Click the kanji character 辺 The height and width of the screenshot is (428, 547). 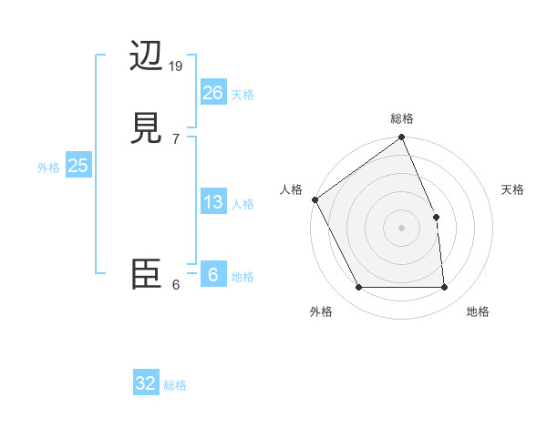[148, 56]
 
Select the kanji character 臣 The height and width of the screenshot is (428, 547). [148, 273]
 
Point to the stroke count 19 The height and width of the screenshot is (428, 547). [177, 66]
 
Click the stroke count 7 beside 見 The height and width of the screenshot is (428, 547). [177, 138]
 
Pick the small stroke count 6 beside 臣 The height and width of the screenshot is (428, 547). [177, 284]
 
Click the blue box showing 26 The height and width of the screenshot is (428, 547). [212, 92]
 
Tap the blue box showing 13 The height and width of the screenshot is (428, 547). [212, 202]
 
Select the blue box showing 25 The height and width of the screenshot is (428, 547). [77, 166]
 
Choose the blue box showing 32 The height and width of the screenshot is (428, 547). [146, 383]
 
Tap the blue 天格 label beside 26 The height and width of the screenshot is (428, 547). [243, 95]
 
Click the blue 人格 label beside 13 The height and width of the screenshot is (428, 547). [243, 204]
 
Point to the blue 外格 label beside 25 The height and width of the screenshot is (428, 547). [48, 168]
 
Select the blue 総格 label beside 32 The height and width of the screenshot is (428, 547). [175, 385]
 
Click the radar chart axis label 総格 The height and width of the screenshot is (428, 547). [402, 118]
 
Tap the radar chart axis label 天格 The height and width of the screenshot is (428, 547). [512, 189]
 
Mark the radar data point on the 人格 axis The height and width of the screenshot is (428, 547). [315, 199]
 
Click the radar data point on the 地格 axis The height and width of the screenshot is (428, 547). [444, 288]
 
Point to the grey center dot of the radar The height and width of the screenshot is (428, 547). [401, 228]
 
